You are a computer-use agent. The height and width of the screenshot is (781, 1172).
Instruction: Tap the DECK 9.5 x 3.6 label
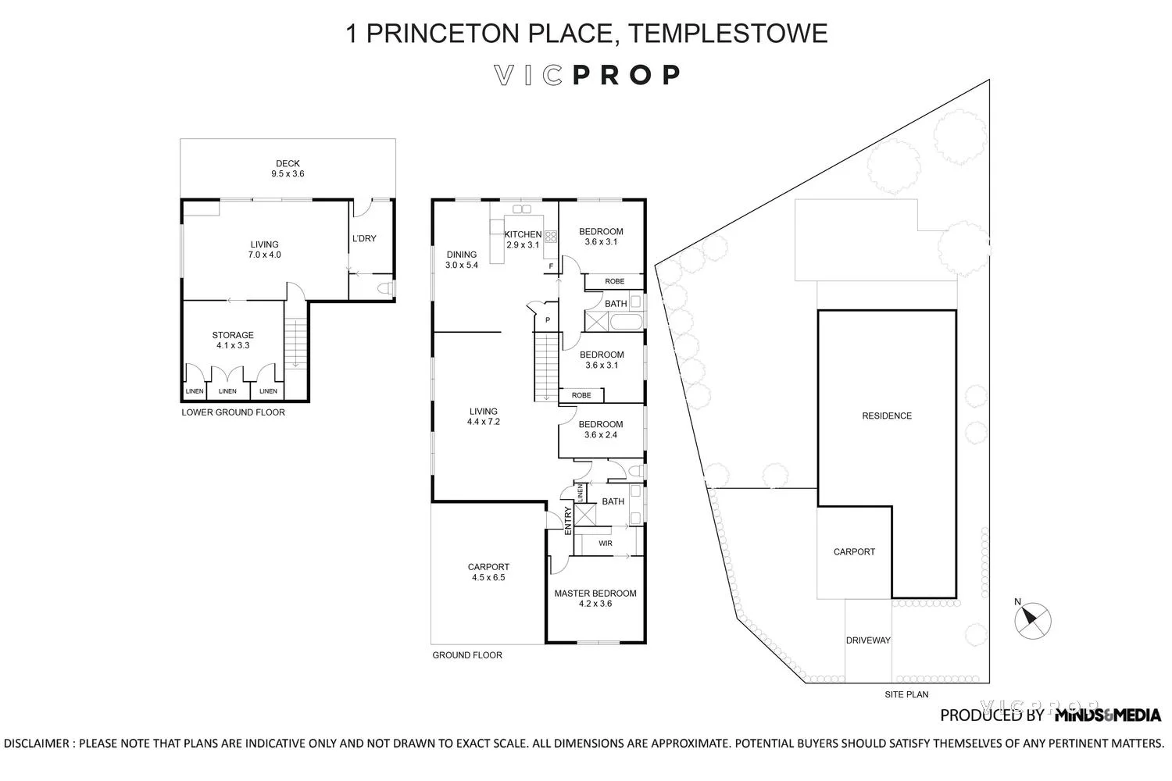288,169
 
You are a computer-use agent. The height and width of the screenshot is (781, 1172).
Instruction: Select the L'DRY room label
364,238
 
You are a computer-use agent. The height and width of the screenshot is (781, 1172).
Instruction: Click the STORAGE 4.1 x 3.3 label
233,341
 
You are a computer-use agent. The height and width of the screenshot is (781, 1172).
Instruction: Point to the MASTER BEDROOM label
595,598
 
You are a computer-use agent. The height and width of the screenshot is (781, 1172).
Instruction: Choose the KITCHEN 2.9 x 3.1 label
523,239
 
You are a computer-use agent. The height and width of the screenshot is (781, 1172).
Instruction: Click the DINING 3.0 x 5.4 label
462,259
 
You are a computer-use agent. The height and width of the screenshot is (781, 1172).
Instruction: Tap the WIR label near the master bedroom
605,543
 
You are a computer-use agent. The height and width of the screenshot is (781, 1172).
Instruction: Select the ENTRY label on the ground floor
568,521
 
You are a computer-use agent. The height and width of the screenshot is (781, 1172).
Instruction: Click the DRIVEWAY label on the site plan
868,640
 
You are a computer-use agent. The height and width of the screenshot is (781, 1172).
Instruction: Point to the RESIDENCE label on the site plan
887,416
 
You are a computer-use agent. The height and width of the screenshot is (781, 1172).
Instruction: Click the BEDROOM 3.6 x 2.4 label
601,430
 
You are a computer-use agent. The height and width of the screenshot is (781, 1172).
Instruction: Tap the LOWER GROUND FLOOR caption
233,412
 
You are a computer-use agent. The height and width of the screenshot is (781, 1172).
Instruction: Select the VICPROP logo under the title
587,75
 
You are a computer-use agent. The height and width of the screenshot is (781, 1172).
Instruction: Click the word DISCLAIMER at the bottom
37,744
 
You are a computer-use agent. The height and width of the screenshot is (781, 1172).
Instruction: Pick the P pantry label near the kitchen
547,319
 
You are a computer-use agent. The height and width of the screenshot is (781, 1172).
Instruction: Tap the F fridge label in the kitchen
551,266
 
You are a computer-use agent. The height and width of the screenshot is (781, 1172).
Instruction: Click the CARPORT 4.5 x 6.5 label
488,572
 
